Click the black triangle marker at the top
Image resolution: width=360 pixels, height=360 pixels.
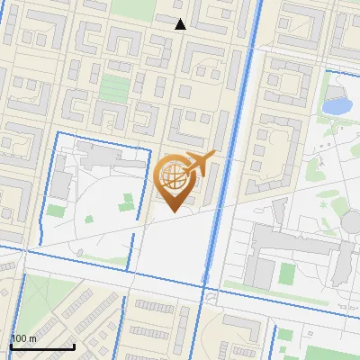pyautogui.click(x=181, y=24)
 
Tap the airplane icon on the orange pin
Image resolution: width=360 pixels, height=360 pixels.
pyautogui.click(x=201, y=164)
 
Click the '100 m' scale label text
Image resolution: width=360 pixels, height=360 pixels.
pyautogui.click(x=23, y=338)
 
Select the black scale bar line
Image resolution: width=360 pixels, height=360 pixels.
pyautogui.click(x=42, y=346)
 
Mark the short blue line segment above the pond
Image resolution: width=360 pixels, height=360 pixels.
pyautogui.click(x=337, y=69)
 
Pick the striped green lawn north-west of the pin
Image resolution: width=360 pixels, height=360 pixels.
pyautogui.click(x=114, y=88)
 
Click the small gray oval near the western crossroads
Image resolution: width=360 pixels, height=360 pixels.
pyautogui.click(x=82, y=251)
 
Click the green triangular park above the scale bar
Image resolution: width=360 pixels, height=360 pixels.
pyautogui.click(x=36, y=301)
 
